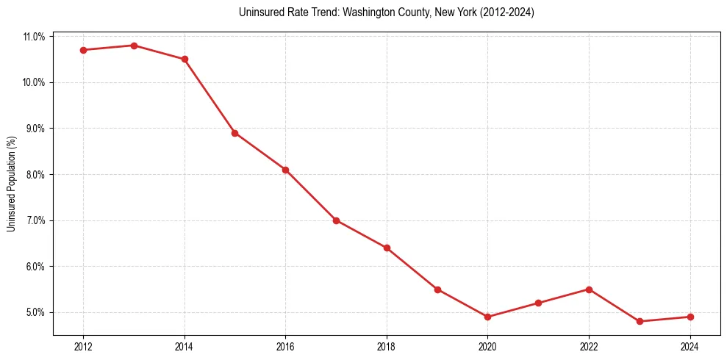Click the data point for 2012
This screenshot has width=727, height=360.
click(x=83, y=50)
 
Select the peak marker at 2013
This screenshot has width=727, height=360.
click(x=134, y=46)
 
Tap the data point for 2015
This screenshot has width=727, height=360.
click(x=234, y=133)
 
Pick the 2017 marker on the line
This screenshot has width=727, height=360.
click(x=336, y=220)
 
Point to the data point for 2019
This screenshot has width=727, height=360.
click(x=437, y=289)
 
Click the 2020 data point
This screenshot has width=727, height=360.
click(x=487, y=317)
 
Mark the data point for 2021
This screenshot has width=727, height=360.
click(x=538, y=303)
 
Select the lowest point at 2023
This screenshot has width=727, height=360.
click(x=640, y=321)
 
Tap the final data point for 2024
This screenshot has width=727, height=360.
click(x=690, y=317)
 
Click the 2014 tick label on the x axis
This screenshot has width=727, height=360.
click(x=185, y=347)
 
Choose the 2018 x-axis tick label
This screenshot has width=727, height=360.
click(x=387, y=347)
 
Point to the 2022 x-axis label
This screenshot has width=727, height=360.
click(x=589, y=347)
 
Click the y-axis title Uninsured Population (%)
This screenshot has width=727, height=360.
click(x=12, y=184)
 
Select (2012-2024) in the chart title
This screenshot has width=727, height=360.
click(x=507, y=12)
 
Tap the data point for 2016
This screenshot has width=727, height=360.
click(x=285, y=170)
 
